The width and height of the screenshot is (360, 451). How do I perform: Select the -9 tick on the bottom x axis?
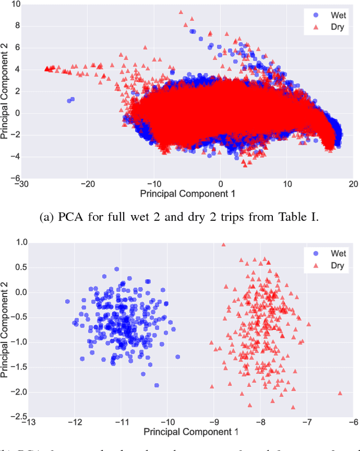[x=213, y=423]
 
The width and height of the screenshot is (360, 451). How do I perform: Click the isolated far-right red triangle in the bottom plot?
[x=340, y=393]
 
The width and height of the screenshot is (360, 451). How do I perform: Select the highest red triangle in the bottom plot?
[x=223, y=244]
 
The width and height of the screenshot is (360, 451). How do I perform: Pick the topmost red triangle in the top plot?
[x=181, y=11]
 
